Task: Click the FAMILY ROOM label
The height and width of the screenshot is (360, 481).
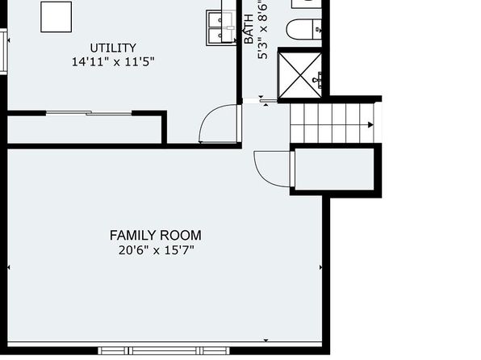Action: (156, 236)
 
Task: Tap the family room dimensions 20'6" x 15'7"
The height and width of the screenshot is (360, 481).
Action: (157, 250)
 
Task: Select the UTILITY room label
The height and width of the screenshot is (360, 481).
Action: (113, 48)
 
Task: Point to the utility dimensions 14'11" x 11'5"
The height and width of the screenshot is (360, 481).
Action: (113, 61)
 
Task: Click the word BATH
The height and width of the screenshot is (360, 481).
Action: (249, 29)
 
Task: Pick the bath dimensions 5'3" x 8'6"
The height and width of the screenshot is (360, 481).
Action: (262, 29)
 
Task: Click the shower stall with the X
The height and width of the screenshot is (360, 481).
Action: (299, 75)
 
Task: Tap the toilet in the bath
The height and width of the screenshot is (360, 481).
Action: (304, 30)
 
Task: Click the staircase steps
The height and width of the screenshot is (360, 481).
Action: (332, 123)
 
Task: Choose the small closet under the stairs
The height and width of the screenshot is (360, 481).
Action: (334, 170)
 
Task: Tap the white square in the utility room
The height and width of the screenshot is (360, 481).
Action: (56, 17)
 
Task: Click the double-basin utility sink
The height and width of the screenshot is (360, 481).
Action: (221, 28)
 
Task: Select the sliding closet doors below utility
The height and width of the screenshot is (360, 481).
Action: (89, 113)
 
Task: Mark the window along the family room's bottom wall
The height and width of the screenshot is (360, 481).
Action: (164, 350)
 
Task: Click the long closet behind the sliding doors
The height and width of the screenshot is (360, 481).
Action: (85, 129)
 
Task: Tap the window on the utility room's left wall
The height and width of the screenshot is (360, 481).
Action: (3, 51)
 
